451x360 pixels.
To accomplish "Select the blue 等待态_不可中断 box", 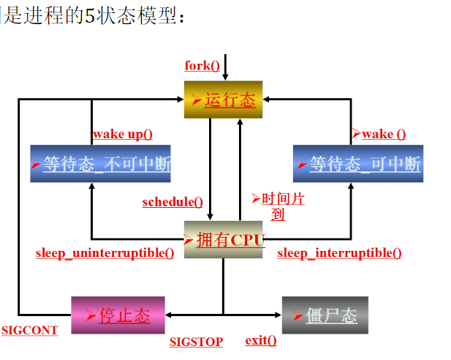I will tap(101, 163).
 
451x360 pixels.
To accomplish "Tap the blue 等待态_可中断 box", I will tap(357, 163).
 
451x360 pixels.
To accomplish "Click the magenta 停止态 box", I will tap(118, 315).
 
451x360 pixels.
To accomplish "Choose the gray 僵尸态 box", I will tap(325, 315).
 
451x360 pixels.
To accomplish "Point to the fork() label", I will tap(202, 66).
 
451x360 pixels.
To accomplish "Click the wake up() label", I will tap(123, 134).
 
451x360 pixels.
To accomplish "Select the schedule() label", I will tap(173, 202).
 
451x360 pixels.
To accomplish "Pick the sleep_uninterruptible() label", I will tap(105, 253).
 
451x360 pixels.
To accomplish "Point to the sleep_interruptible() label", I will tap(339, 253).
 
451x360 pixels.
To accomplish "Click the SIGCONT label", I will tap(29, 330).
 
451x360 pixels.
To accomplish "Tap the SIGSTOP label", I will tap(196, 341).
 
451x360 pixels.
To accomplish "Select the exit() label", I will tap(261, 340).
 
